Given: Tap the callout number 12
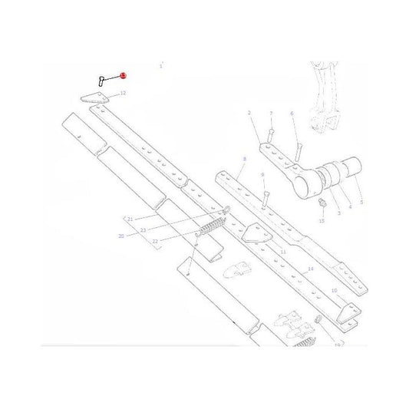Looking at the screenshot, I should [x=123, y=93].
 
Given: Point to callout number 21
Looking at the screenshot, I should [x=130, y=219].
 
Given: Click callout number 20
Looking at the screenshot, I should [x=120, y=236].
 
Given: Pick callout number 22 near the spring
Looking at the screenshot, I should [x=155, y=241].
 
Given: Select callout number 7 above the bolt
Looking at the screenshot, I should [x=271, y=114].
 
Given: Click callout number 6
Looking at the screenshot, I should [x=292, y=114].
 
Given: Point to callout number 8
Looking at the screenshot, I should [x=244, y=160].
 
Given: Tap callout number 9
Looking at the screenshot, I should [x=263, y=175].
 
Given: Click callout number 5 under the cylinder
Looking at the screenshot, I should [x=361, y=202].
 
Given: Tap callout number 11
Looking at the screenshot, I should [x=283, y=252].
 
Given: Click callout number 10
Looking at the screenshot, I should [x=334, y=292].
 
